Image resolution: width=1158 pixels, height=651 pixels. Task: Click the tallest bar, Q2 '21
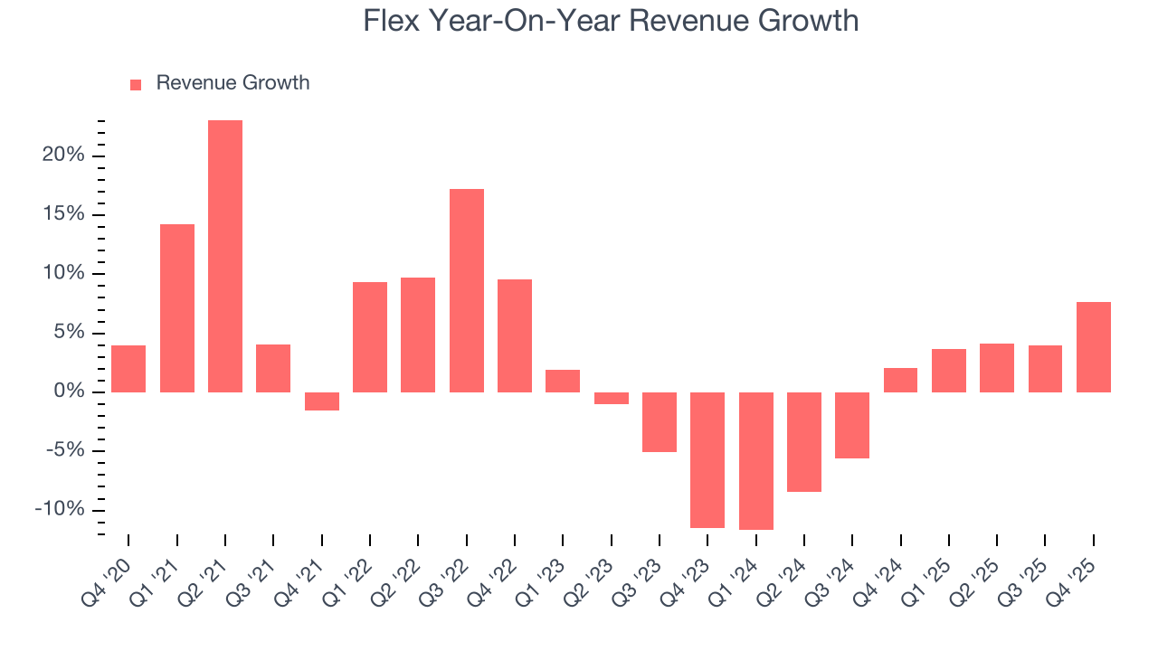pyautogui.click(x=225, y=256)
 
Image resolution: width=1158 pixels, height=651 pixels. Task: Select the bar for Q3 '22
pyautogui.click(x=466, y=290)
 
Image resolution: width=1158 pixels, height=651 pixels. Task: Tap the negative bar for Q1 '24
pyautogui.click(x=755, y=460)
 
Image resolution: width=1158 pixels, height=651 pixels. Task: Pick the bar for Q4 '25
pyautogui.click(x=1093, y=346)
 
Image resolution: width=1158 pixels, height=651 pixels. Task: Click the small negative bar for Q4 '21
pyautogui.click(x=321, y=401)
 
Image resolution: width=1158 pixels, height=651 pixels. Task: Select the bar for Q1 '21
pyautogui.click(x=177, y=307)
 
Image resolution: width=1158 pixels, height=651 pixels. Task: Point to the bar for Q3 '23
pyautogui.click(x=660, y=421)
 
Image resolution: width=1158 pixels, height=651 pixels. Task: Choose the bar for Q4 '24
pyautogui.click(x=900, y=380)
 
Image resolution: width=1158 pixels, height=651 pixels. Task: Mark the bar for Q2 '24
pyautogui.click(x=804, y=441)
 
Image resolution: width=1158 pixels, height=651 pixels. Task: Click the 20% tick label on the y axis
pyautogui.click(x=63, y=156)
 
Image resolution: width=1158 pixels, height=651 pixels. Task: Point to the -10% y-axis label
pyautogui.click(x=60, y=510)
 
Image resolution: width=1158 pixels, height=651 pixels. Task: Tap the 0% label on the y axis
pyautogui.click(x=69, y=392)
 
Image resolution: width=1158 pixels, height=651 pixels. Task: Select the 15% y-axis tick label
pyautogui.click(x=63, y=214)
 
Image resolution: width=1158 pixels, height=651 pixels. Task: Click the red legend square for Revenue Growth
pyautogui.click(x=136, y=84)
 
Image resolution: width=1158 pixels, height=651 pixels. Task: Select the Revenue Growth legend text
pyautogui.click(x=233, y=83)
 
